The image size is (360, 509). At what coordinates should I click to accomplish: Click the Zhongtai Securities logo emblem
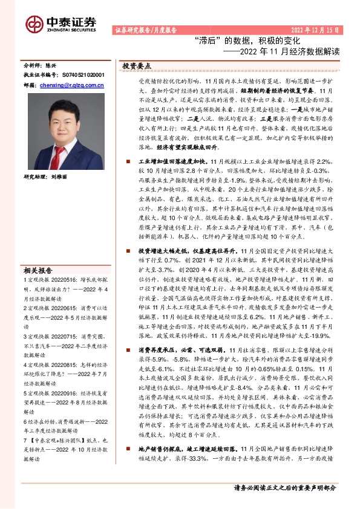click(x=34, y=23)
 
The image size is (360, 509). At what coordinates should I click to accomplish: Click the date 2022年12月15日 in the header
click(x=316, y=29)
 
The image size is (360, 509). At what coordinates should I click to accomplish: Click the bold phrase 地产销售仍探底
click(x=159, y=449)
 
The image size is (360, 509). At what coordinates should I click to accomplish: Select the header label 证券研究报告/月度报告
click(x=145, y=30)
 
